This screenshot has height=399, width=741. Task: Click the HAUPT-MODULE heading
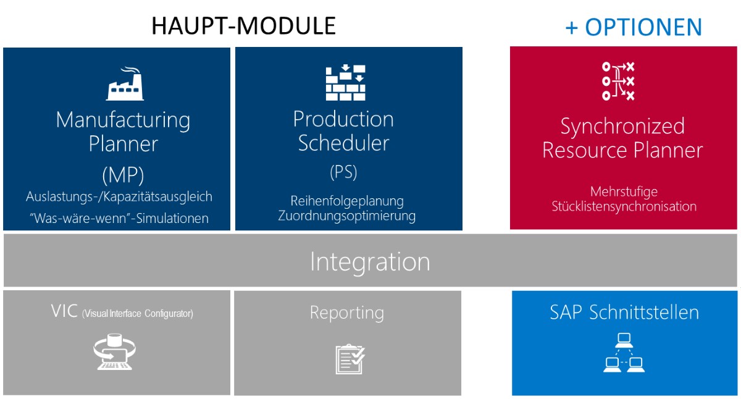[x=243, y=26]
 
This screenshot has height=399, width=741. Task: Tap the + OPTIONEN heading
[x=634, y=27]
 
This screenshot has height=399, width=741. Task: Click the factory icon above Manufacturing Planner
[x=125, y=83]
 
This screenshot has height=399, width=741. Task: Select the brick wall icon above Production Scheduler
[x=345, y=82]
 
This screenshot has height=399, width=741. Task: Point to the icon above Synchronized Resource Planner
[x=618, y=81]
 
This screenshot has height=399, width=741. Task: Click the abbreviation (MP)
[x=123, y=175]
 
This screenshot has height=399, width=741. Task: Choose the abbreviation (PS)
[x=344, y=172]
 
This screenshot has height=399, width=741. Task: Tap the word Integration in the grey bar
[x=370, y=262]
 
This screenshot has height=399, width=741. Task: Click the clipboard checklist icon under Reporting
[x=350, y=359]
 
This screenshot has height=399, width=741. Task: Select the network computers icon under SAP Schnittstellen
[x=624, y=353]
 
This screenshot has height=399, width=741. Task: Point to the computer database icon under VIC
[x=114, y=351]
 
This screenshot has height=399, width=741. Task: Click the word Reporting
[x=347, y=313]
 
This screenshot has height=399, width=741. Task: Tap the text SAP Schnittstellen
[x=624, y=312]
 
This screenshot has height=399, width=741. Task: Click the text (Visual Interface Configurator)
[x=138, y=313]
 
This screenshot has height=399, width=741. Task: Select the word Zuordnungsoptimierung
[x=346, y=216]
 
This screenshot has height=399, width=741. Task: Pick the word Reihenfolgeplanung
[x=347, y=201]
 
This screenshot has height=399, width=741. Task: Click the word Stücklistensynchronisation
[x=624, y=206]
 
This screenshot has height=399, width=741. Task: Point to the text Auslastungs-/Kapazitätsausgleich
[x=119, y=196]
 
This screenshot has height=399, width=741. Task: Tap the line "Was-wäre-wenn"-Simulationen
[x=119, y=218]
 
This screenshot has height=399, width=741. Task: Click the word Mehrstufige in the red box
[x=624, y=192]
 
